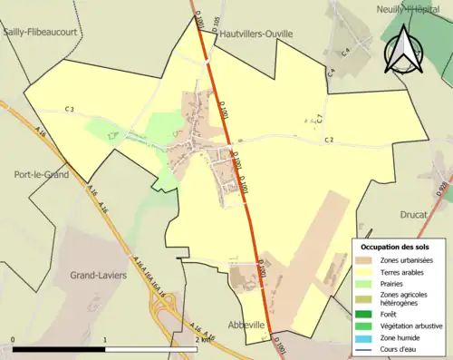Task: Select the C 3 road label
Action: click(69, 110)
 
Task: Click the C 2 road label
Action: click(330, 140)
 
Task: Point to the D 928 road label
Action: click(443, 189)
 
